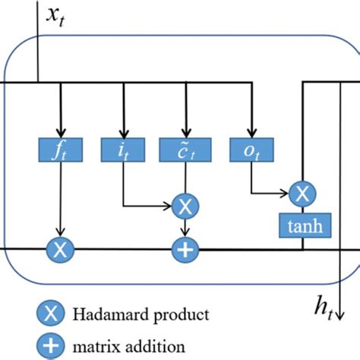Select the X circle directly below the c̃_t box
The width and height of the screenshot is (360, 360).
184,205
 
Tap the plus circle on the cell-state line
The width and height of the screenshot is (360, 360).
184,248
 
